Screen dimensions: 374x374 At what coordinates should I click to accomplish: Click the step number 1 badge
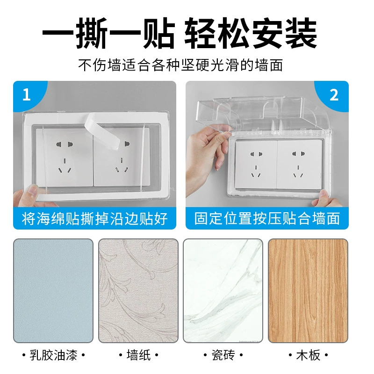pos(27,94)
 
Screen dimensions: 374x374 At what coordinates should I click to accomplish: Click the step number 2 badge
pos(334,95)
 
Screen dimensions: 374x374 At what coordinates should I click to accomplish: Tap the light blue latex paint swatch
pos(53,291)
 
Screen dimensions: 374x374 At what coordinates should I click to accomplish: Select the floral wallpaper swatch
pos(138,291)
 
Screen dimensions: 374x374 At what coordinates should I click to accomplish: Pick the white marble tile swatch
pos(223,291)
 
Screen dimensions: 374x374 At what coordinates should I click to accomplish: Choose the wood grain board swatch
pos(308,291)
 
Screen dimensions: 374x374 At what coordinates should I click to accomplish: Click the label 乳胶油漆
pos(53,355)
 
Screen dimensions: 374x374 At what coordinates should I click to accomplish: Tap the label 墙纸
pos(138,355)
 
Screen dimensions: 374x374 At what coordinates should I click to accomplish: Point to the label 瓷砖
pos(223,355)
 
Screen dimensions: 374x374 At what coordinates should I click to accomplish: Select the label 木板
pos(308,355)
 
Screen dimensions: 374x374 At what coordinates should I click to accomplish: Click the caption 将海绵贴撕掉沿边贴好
pos(95,218)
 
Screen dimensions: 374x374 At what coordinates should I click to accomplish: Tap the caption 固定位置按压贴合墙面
pos(267,218)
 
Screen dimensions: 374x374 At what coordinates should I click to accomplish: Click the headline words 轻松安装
pos(251,33)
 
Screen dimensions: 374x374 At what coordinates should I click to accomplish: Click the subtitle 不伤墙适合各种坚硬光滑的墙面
pos(180,65)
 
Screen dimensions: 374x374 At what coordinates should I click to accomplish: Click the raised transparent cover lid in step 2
pos(262,115)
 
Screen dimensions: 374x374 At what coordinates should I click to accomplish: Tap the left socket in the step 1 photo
pos(65,158)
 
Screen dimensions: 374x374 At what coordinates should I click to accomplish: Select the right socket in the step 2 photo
pos(299,165)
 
